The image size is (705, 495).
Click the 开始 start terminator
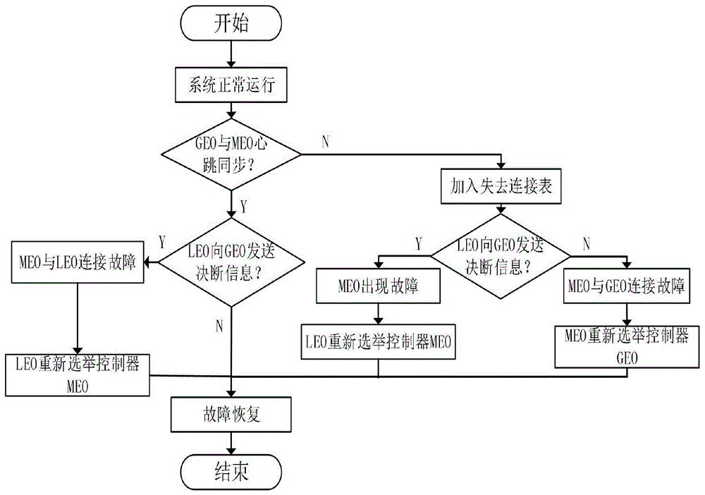tap(231, 23)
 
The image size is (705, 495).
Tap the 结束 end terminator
tap(231, 472)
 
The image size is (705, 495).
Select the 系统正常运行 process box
tap(231, 85)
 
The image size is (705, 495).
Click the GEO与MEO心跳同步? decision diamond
tap(231, 154)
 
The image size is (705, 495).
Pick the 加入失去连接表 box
tap(501, 186)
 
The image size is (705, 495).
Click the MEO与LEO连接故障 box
tap(78, 262)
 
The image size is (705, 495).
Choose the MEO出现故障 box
tap(378, 286)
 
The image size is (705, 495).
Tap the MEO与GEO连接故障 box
tap(626, 286)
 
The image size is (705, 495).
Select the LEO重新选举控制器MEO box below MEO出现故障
tap(378, 342)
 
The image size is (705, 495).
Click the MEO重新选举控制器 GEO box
tap(627, 347)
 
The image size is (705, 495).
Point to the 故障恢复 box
tap(231, 415)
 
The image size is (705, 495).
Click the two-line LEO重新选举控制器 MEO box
tap(78, 375)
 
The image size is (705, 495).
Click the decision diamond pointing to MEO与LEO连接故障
tap(231, 262)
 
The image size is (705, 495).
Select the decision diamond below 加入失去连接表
tap(501, 256)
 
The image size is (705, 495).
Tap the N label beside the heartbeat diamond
tap(326, 142)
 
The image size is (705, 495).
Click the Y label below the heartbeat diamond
tap(243, 207)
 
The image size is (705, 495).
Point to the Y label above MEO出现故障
tap(419, 244)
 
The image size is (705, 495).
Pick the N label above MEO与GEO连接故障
tap(586, 244)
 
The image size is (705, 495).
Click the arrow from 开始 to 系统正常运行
tap(231, 54)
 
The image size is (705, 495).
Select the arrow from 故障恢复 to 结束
tap(231, 444)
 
